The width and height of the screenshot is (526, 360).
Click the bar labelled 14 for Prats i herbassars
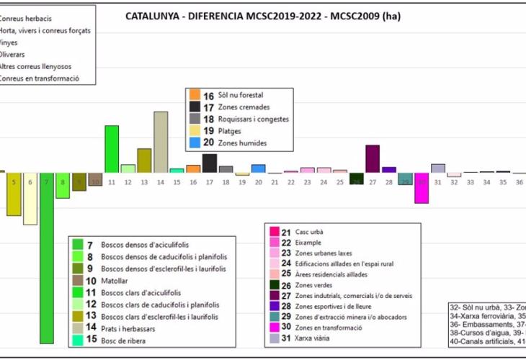click(161, 142)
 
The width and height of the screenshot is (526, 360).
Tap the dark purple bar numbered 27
click(373, 158)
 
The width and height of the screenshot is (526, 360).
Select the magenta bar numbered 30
click(422, 188)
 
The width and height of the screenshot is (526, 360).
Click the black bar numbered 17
click(210, 163)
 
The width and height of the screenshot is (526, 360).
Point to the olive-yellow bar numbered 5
click(14, 194)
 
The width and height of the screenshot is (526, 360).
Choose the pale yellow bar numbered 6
click(30, 199)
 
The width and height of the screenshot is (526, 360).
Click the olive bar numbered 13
click(144, 161)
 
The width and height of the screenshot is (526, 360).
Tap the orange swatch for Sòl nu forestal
click(195, 95)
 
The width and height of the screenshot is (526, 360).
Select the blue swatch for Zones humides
click(195, 143)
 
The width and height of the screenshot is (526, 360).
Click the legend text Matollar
click(115, 281)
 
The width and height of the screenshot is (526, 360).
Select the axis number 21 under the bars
click(275, 183)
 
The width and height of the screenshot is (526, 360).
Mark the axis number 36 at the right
click(519, 183)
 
